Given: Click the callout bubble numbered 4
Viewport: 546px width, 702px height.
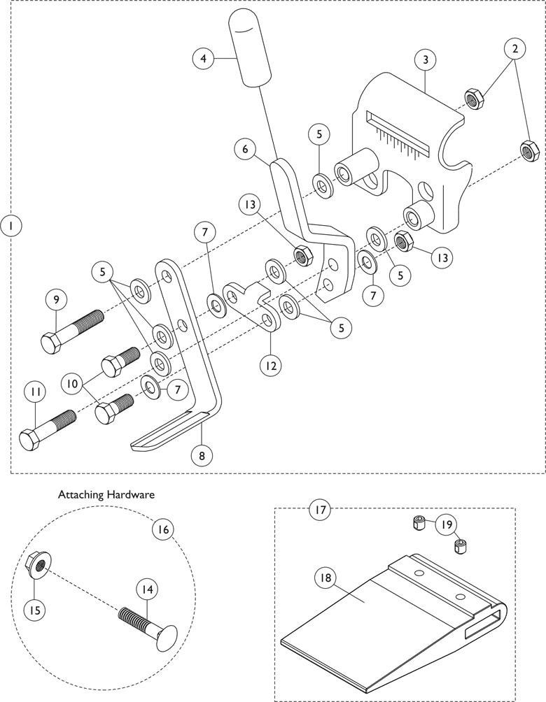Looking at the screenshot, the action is click(x=204, y=58).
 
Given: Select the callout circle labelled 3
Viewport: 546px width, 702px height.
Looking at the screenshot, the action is click(x=426, y=59).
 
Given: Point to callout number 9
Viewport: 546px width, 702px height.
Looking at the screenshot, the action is click(x=56, y=299).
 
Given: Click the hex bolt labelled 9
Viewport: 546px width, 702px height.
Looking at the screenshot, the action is click(x=71, y=331).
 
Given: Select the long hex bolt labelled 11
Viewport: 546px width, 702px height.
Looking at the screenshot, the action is click(x=48, y=430).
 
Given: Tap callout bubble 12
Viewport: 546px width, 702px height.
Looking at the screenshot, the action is click(x=271, y=365).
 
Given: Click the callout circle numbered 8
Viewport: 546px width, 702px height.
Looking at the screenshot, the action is click(x=202, y=455).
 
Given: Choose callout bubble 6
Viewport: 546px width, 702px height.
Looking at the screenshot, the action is click(x=245, y=148).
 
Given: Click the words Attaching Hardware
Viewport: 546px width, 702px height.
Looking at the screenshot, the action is click(x=106, y=495).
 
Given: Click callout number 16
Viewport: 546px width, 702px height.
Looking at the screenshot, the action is click(x=162, y=529).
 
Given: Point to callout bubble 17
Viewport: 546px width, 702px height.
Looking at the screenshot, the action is click(x=320, y=510).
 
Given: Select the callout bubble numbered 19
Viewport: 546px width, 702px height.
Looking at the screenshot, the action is click(x=447, y=524).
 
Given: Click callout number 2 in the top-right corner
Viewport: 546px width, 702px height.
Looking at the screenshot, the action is click(x=514, y=49).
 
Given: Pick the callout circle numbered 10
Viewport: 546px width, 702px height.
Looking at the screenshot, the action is click(x=73, y=384).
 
